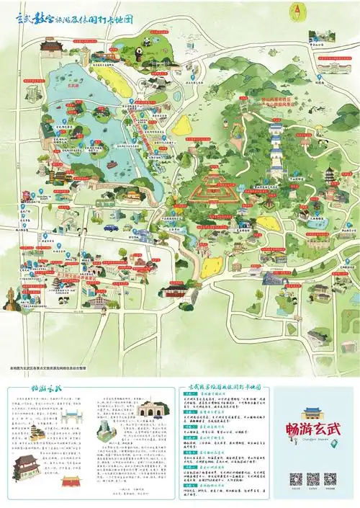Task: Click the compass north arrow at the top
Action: click(297, 12)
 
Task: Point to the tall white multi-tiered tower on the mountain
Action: click(276, 148)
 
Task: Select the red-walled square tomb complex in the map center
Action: click(215, 184)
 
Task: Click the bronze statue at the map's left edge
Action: click(11, 295)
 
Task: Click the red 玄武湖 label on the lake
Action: click(72, 84)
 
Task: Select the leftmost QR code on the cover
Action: click(295, 478)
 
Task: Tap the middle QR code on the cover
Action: click(312, 478)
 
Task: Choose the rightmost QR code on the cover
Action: click(330, 478)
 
